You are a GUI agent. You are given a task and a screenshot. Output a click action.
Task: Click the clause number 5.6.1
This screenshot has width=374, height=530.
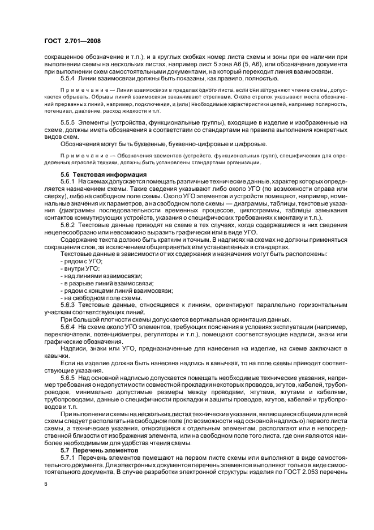[x=68, y=181]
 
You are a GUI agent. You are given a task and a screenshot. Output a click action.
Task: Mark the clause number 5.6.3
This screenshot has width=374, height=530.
[x=68, y=305]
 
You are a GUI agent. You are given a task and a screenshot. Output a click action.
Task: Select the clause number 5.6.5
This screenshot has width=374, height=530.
[x=68, y=377]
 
